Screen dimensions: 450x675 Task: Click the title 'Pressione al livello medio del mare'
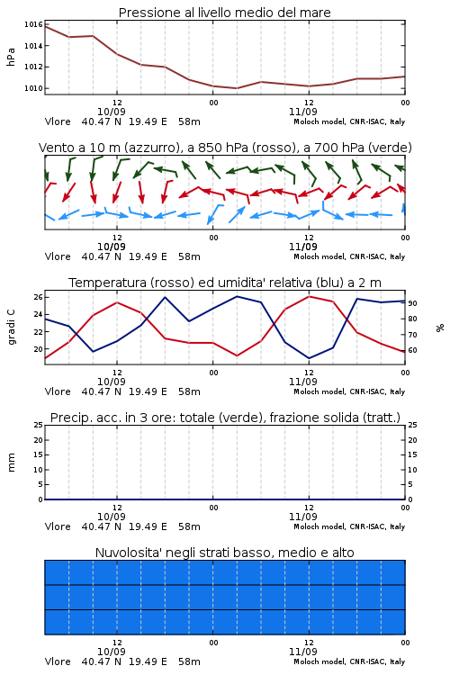point(224,13)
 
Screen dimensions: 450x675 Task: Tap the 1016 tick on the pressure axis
point(33,24)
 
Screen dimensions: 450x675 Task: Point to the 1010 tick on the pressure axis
point(33,88)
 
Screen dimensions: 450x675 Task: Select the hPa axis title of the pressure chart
point(11,57)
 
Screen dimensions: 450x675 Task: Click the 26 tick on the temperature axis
point(38,297)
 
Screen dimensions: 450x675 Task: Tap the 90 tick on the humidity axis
point(412,303)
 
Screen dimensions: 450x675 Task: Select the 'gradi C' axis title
point(12,328)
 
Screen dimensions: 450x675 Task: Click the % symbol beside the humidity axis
point(440,328)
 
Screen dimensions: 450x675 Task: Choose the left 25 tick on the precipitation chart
point(38,425)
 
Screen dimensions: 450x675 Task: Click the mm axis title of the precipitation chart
point(11,463)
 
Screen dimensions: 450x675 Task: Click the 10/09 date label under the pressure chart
point(112,112)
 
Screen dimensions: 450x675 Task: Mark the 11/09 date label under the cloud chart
point(303,652)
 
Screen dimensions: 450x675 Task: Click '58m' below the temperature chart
point(190,391)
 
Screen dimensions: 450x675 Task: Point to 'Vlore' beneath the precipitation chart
point(58,526)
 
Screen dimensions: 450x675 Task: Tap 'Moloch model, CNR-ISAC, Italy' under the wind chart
point(349,256)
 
